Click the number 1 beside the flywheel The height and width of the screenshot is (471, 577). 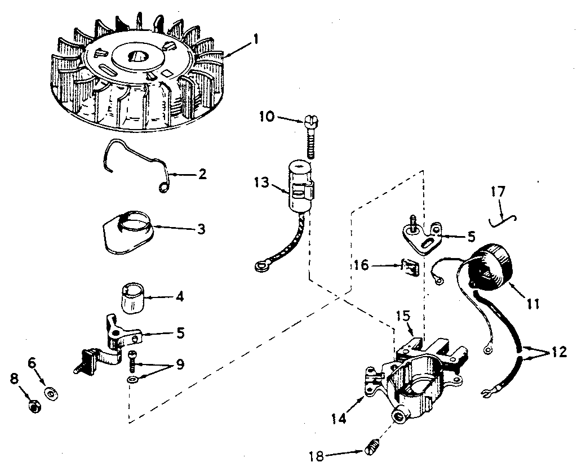(x=256, y=39)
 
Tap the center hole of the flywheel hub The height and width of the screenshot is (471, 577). (x=137, y=56)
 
